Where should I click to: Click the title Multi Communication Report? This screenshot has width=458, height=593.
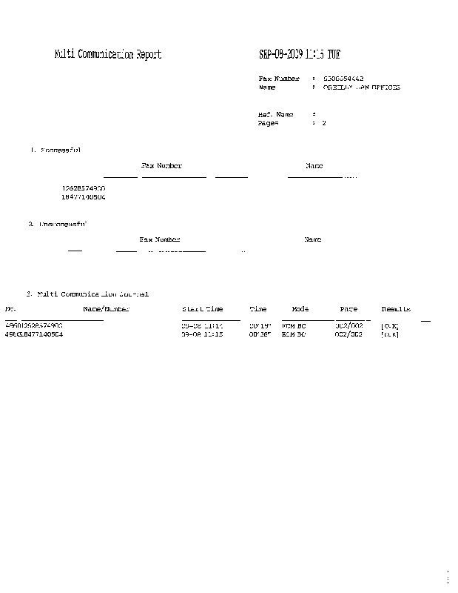[108, 55]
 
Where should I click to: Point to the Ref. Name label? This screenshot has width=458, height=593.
[275, 115]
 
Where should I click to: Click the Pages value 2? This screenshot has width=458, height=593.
[323, 124]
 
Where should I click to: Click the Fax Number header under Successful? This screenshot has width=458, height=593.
[161, 166]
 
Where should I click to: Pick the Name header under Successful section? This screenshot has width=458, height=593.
[314, 166]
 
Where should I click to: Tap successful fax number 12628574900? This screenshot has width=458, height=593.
[84, 189]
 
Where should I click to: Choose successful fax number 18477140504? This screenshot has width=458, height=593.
[84, 198]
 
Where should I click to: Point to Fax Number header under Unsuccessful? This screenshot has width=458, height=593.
[160, 239]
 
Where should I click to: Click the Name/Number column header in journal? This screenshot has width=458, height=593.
[107, 309]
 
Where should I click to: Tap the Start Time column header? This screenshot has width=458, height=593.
[202, 309]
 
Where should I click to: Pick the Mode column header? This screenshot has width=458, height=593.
[300, 309]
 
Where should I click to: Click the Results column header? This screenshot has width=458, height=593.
[396, 309]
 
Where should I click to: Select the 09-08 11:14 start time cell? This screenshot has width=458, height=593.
[202, 325]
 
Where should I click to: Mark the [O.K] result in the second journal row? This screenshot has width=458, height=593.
[390, 334]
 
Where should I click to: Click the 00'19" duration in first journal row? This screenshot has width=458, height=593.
[260, 325]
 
